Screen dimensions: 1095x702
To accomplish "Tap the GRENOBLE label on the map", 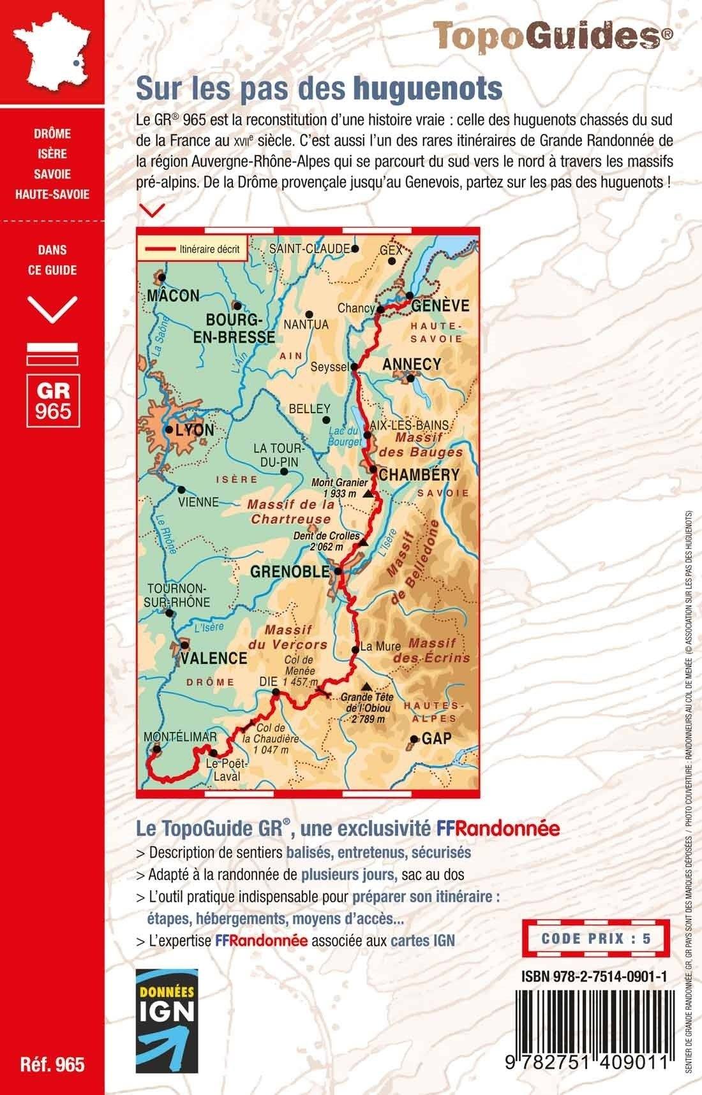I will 290,571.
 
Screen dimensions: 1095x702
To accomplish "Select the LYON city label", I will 195,430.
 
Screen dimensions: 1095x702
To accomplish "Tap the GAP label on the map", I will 437,739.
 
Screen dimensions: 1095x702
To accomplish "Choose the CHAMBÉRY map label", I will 419,474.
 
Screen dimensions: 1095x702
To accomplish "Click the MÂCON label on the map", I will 173,296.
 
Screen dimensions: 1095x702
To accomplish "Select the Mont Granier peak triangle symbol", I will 367,494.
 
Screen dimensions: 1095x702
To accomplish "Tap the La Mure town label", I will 380,646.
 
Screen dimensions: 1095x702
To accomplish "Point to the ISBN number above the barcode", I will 594,976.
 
